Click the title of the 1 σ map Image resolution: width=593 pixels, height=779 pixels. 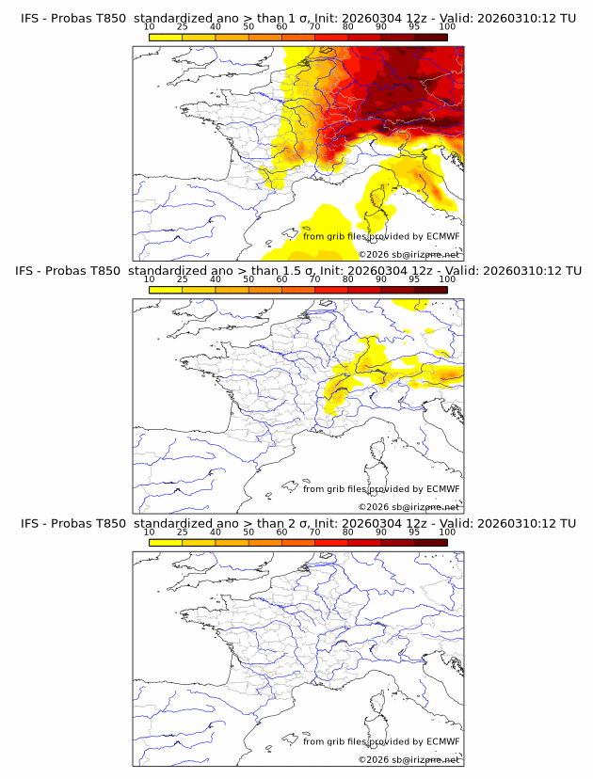(297, 18)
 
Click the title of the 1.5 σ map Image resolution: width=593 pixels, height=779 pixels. (297, 271)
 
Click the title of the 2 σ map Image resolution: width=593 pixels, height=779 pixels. (297, 523)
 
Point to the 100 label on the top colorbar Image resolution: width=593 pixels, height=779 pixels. (447, 27)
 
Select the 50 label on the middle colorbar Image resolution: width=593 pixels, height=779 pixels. (248, 279)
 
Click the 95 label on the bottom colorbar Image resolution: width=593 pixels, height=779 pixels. (414, 533)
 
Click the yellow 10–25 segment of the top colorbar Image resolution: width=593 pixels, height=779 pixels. (166, 37)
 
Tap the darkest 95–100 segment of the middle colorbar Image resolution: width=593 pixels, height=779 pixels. (431, 290)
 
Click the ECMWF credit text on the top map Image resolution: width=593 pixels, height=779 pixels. (381, 236)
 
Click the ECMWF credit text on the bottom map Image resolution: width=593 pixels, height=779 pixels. (381, 741)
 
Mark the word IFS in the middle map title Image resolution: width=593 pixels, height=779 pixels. (29, 271)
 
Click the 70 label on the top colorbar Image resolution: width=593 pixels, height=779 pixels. (314, 27)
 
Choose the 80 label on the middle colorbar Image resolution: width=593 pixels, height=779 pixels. (348, 279)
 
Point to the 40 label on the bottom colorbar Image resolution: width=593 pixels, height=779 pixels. (216, 533)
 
